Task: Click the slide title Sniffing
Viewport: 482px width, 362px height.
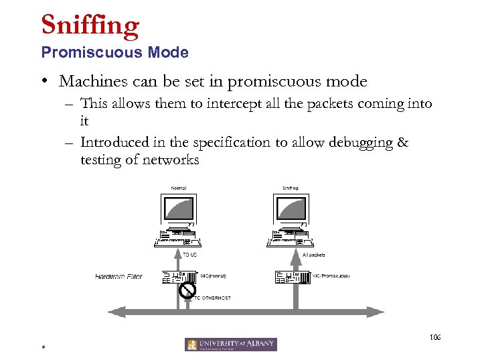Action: pyautogui.click(x=90, y=25)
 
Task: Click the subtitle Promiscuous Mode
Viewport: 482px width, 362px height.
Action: pyautogui.click(x=114, y=52)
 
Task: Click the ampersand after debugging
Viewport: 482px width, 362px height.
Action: pyautogui.click(x=402, y=142)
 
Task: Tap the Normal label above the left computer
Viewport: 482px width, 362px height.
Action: pyautogui.click(x=178, y=188)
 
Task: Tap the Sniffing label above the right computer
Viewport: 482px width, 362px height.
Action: pyautogui.click(x=291, y=188)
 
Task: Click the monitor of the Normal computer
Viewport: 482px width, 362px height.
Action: pyautogui.click(x=179, y=211)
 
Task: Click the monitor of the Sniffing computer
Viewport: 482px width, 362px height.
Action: pyautogui.click(x=291, y=211)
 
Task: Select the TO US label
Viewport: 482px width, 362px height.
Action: pyautogui.click(x=190, y=255)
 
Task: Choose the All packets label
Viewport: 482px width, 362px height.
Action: pyautogui.click(x=314, y=255)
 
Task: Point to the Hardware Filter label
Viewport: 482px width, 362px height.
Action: pyautogui.click(x=118, y=276)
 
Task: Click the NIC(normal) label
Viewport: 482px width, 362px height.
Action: pyautogui.click(x=214, y=276)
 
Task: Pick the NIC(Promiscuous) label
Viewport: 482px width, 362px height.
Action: pyautogui.click(x=331, y=276)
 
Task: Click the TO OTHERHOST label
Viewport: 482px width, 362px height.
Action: pyautogui.click(x=212, y=298)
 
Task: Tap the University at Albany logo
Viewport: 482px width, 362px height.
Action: pyautogui.click(x=231, y=345)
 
